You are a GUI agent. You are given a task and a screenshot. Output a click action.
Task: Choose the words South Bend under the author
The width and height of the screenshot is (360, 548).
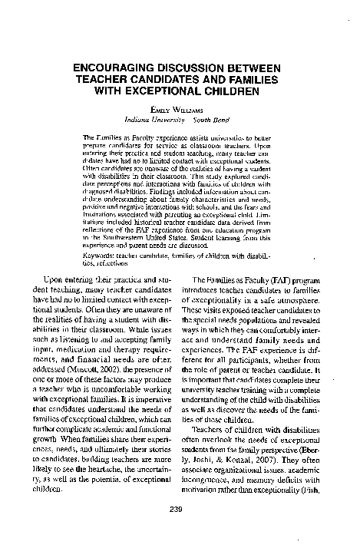pos(208,120)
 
